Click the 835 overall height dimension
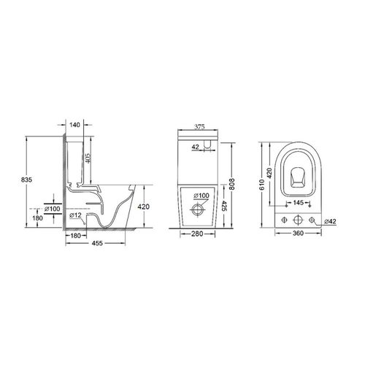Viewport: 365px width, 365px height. (x=26, y=180)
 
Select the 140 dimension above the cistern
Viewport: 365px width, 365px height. (x=74, y=125)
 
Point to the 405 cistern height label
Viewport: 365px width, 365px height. (x=88, y=158)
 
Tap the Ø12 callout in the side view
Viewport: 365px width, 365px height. (x=75, y=215)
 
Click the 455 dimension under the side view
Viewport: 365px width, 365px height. (x=97, y=243)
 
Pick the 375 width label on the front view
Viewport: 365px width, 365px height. (x=199, y=127)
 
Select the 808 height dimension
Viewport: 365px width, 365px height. (x=232, y=185)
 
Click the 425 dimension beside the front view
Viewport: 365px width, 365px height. (x=224, y=206)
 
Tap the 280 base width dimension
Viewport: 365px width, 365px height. (x=197, y=234)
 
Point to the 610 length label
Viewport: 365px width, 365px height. (x=262, y=185)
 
